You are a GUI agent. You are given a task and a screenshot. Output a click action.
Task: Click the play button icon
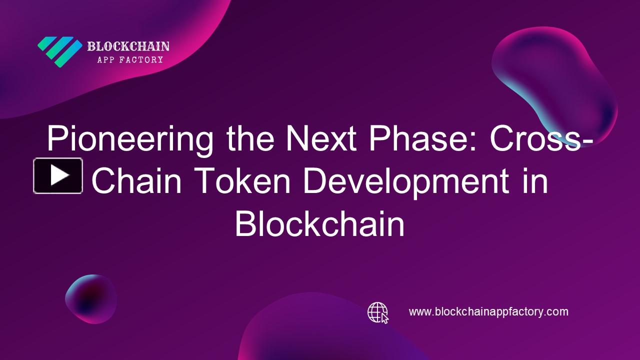(58, 175)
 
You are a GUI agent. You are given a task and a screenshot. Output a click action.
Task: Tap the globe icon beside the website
(377, 312)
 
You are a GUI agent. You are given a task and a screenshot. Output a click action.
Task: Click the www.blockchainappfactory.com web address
(488, 312)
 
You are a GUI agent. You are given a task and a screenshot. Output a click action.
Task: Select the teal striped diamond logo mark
(60, 51)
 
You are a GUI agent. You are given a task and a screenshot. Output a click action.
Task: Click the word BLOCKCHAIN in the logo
(128, 47)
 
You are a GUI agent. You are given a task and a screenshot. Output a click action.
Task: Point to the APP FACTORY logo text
(129, 60)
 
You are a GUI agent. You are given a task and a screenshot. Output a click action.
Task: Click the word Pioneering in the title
(129, 139)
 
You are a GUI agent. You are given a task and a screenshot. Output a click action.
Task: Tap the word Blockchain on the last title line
(319, 224)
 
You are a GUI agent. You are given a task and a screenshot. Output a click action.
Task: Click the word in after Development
(533, 182)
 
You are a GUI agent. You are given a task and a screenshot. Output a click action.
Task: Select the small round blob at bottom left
(90, 299)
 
